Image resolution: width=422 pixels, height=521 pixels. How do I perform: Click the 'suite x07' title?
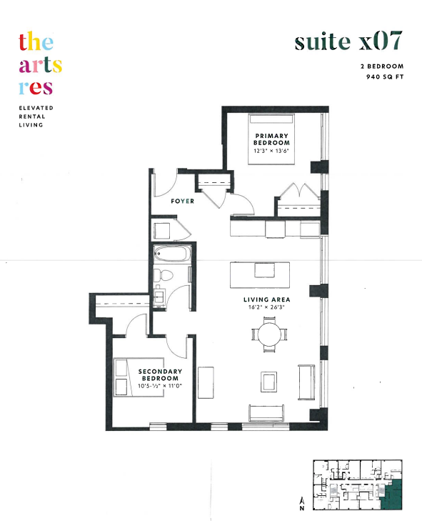(x=348, y=41)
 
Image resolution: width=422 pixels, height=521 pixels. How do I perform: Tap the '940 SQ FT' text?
(x=385, y=76)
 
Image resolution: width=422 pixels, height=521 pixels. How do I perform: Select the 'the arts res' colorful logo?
(x=40, y=63)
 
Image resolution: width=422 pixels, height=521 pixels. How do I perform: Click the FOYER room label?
(x=182, y=201)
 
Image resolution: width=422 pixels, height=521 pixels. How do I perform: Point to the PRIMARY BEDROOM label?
(x=271, y=139)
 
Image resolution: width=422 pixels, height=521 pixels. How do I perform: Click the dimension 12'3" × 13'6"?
(x=271, y=151)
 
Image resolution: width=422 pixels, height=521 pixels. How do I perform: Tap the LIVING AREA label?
(x=267, y=299)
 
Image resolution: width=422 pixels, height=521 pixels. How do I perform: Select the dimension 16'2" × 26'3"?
(x=266, y=307)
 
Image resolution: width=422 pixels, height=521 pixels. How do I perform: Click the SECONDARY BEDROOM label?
(x=160, y=374)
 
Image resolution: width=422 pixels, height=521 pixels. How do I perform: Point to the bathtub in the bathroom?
(x=172, y=254)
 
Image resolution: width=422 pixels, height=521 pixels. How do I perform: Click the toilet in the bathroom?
(x=164, y=275)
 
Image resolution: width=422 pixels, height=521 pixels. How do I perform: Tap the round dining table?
(x=269, y=334)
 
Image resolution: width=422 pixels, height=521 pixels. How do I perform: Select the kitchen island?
(x=260, y=274)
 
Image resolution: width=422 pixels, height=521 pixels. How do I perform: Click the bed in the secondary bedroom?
(x=139, y=377)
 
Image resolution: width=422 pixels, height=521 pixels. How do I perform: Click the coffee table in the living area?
(x=268, y=382)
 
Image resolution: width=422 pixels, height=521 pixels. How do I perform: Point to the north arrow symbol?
(x=302, y=503)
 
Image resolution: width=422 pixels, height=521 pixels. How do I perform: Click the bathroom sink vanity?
(x=159, y=296)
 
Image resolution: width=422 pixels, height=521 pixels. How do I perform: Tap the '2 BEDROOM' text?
(x=382, y=66)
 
